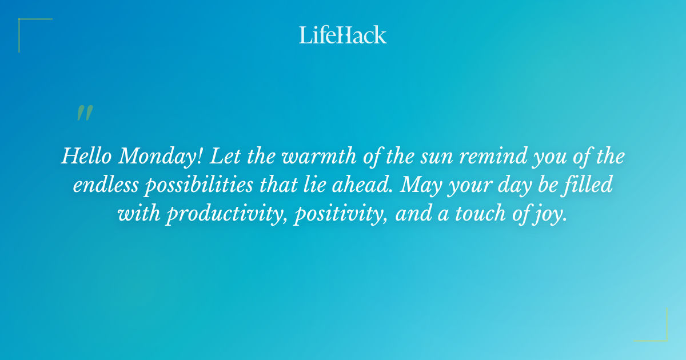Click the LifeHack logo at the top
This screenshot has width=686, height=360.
pyautogui.click(x=342, y=35)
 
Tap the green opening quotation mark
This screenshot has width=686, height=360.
pyautogui.click(x=84, y=113)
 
